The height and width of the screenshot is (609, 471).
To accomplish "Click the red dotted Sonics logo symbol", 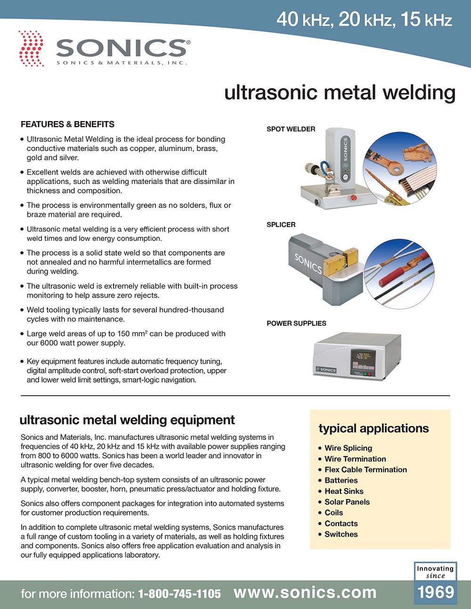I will (x=31, y=48).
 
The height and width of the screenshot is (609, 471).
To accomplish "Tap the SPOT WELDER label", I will (x=291, y=129).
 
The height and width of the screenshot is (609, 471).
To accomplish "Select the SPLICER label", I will (x=281, y=224).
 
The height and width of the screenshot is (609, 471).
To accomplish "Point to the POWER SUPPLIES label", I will (x=296, y=323).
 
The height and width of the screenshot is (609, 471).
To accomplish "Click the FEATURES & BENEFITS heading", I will (x=67, y=124).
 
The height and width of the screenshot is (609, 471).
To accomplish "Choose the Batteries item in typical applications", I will (x=341, y=481).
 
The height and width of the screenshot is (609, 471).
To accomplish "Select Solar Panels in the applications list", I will (x=347, y=502).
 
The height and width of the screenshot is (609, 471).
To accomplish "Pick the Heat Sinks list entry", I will (x=343, y=491).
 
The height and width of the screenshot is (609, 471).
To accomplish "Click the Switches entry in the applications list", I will (x=341, y=534).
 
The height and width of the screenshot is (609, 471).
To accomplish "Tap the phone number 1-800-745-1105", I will (x=179, y=594).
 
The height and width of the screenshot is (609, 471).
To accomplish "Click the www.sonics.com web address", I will (x=305, y=593).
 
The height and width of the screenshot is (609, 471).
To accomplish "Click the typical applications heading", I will (x=374, y=428).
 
